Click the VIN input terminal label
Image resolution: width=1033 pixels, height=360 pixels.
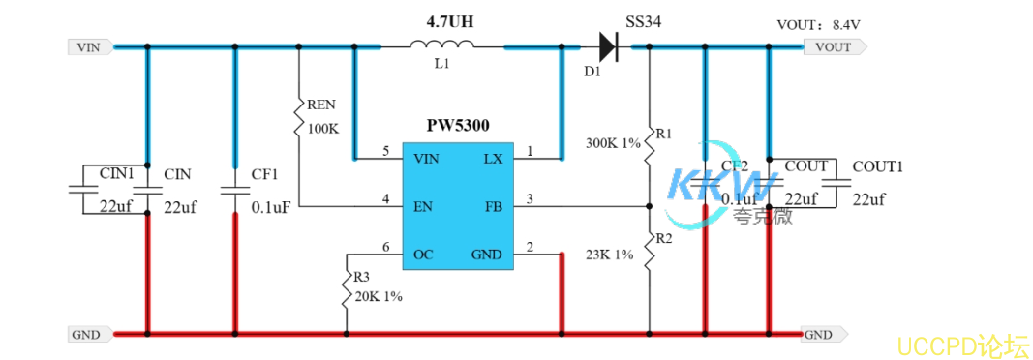(88, 45)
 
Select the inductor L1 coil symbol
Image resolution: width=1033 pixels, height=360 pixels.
(441, 45)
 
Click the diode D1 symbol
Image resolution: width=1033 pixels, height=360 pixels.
(608, 45)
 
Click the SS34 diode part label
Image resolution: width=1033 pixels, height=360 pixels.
(644, 20)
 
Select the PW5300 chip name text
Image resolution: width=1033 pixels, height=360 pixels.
(458, 125)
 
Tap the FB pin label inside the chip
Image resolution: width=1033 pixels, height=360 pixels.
(493, 206)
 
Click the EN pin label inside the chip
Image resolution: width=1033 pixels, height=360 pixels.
(422, 206)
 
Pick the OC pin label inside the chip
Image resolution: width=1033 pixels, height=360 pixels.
(423, 255)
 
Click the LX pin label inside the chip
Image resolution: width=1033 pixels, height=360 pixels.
(493, 158)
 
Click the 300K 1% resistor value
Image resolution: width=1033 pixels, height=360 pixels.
(613, 143)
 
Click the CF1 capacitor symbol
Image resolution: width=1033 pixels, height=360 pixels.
(234, 191)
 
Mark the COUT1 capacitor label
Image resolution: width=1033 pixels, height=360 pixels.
(877, 166)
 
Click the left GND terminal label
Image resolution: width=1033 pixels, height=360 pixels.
(86, 335)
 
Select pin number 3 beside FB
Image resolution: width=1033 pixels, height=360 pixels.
(530, 199)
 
